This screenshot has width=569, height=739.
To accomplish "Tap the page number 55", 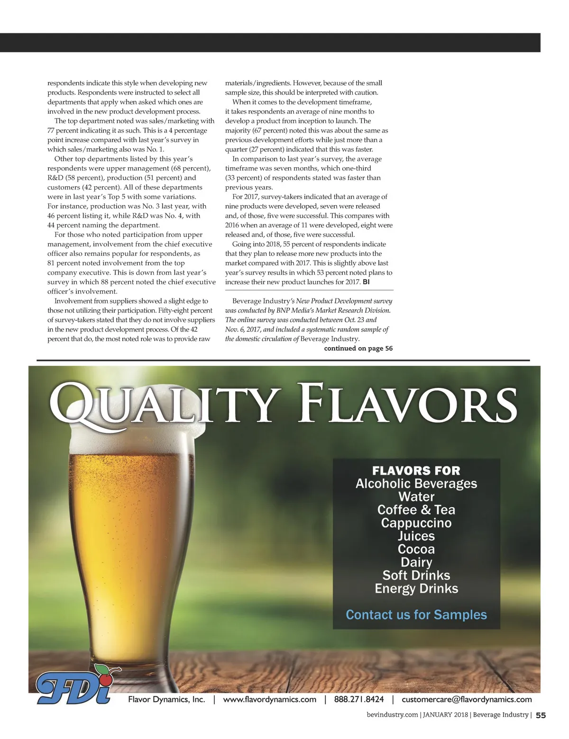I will click(541, 716).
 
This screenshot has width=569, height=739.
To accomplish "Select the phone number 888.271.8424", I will click(359, 699).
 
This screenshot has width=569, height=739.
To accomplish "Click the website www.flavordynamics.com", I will click(269, 699).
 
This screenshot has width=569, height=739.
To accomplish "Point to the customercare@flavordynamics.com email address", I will click(467, 699).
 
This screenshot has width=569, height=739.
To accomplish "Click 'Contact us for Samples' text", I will click(416, 614).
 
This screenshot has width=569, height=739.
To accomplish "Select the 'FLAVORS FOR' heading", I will click(416, 470).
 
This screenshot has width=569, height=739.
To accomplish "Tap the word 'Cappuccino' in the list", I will click(416, 523).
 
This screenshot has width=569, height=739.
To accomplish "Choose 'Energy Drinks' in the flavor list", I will click(416, 588).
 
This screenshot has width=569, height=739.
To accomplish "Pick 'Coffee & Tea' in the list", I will click(416, 510).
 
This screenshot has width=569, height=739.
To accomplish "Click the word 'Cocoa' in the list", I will click(416, 549).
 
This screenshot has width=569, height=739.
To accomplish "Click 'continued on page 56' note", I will click(358, 348).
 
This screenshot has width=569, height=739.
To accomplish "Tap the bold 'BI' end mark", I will click(366, 282).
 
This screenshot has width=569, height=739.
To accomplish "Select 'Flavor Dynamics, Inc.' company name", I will click(166, 699).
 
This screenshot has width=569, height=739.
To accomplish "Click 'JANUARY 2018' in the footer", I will click(445, 715).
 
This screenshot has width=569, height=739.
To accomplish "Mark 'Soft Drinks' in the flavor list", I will click(416, 575).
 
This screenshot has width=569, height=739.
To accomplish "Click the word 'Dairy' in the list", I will click(416, 562).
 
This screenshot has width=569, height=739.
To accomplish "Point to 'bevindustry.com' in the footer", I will click(392, 715).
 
